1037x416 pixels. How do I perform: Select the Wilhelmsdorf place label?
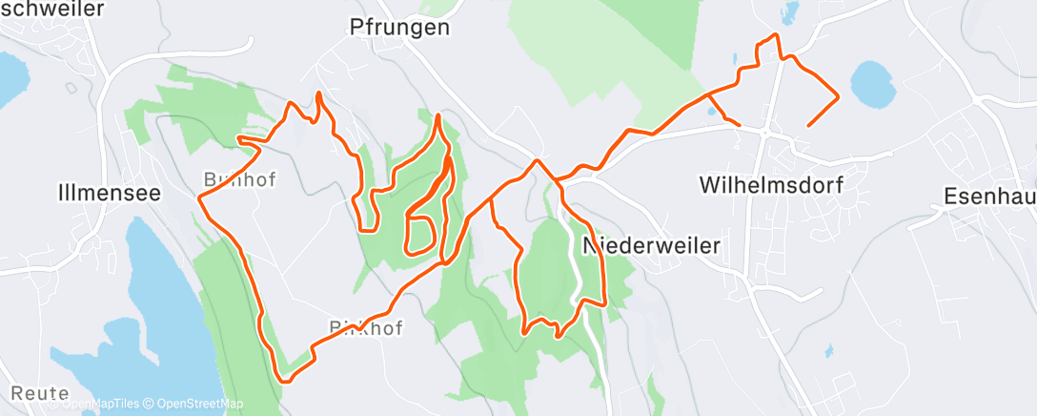(771, 185)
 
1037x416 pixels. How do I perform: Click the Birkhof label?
(368, 329)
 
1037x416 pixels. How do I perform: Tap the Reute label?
(41, 393)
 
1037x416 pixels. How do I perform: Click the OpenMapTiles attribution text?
(100, 404)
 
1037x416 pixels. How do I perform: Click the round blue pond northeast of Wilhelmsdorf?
(872, 85)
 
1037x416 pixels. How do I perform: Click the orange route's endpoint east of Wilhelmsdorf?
(809, 125)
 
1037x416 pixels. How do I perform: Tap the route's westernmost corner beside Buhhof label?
(199, 198)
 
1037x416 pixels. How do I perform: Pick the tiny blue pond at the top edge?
(788, 13)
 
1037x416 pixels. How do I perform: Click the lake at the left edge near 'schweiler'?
(10, 82)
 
